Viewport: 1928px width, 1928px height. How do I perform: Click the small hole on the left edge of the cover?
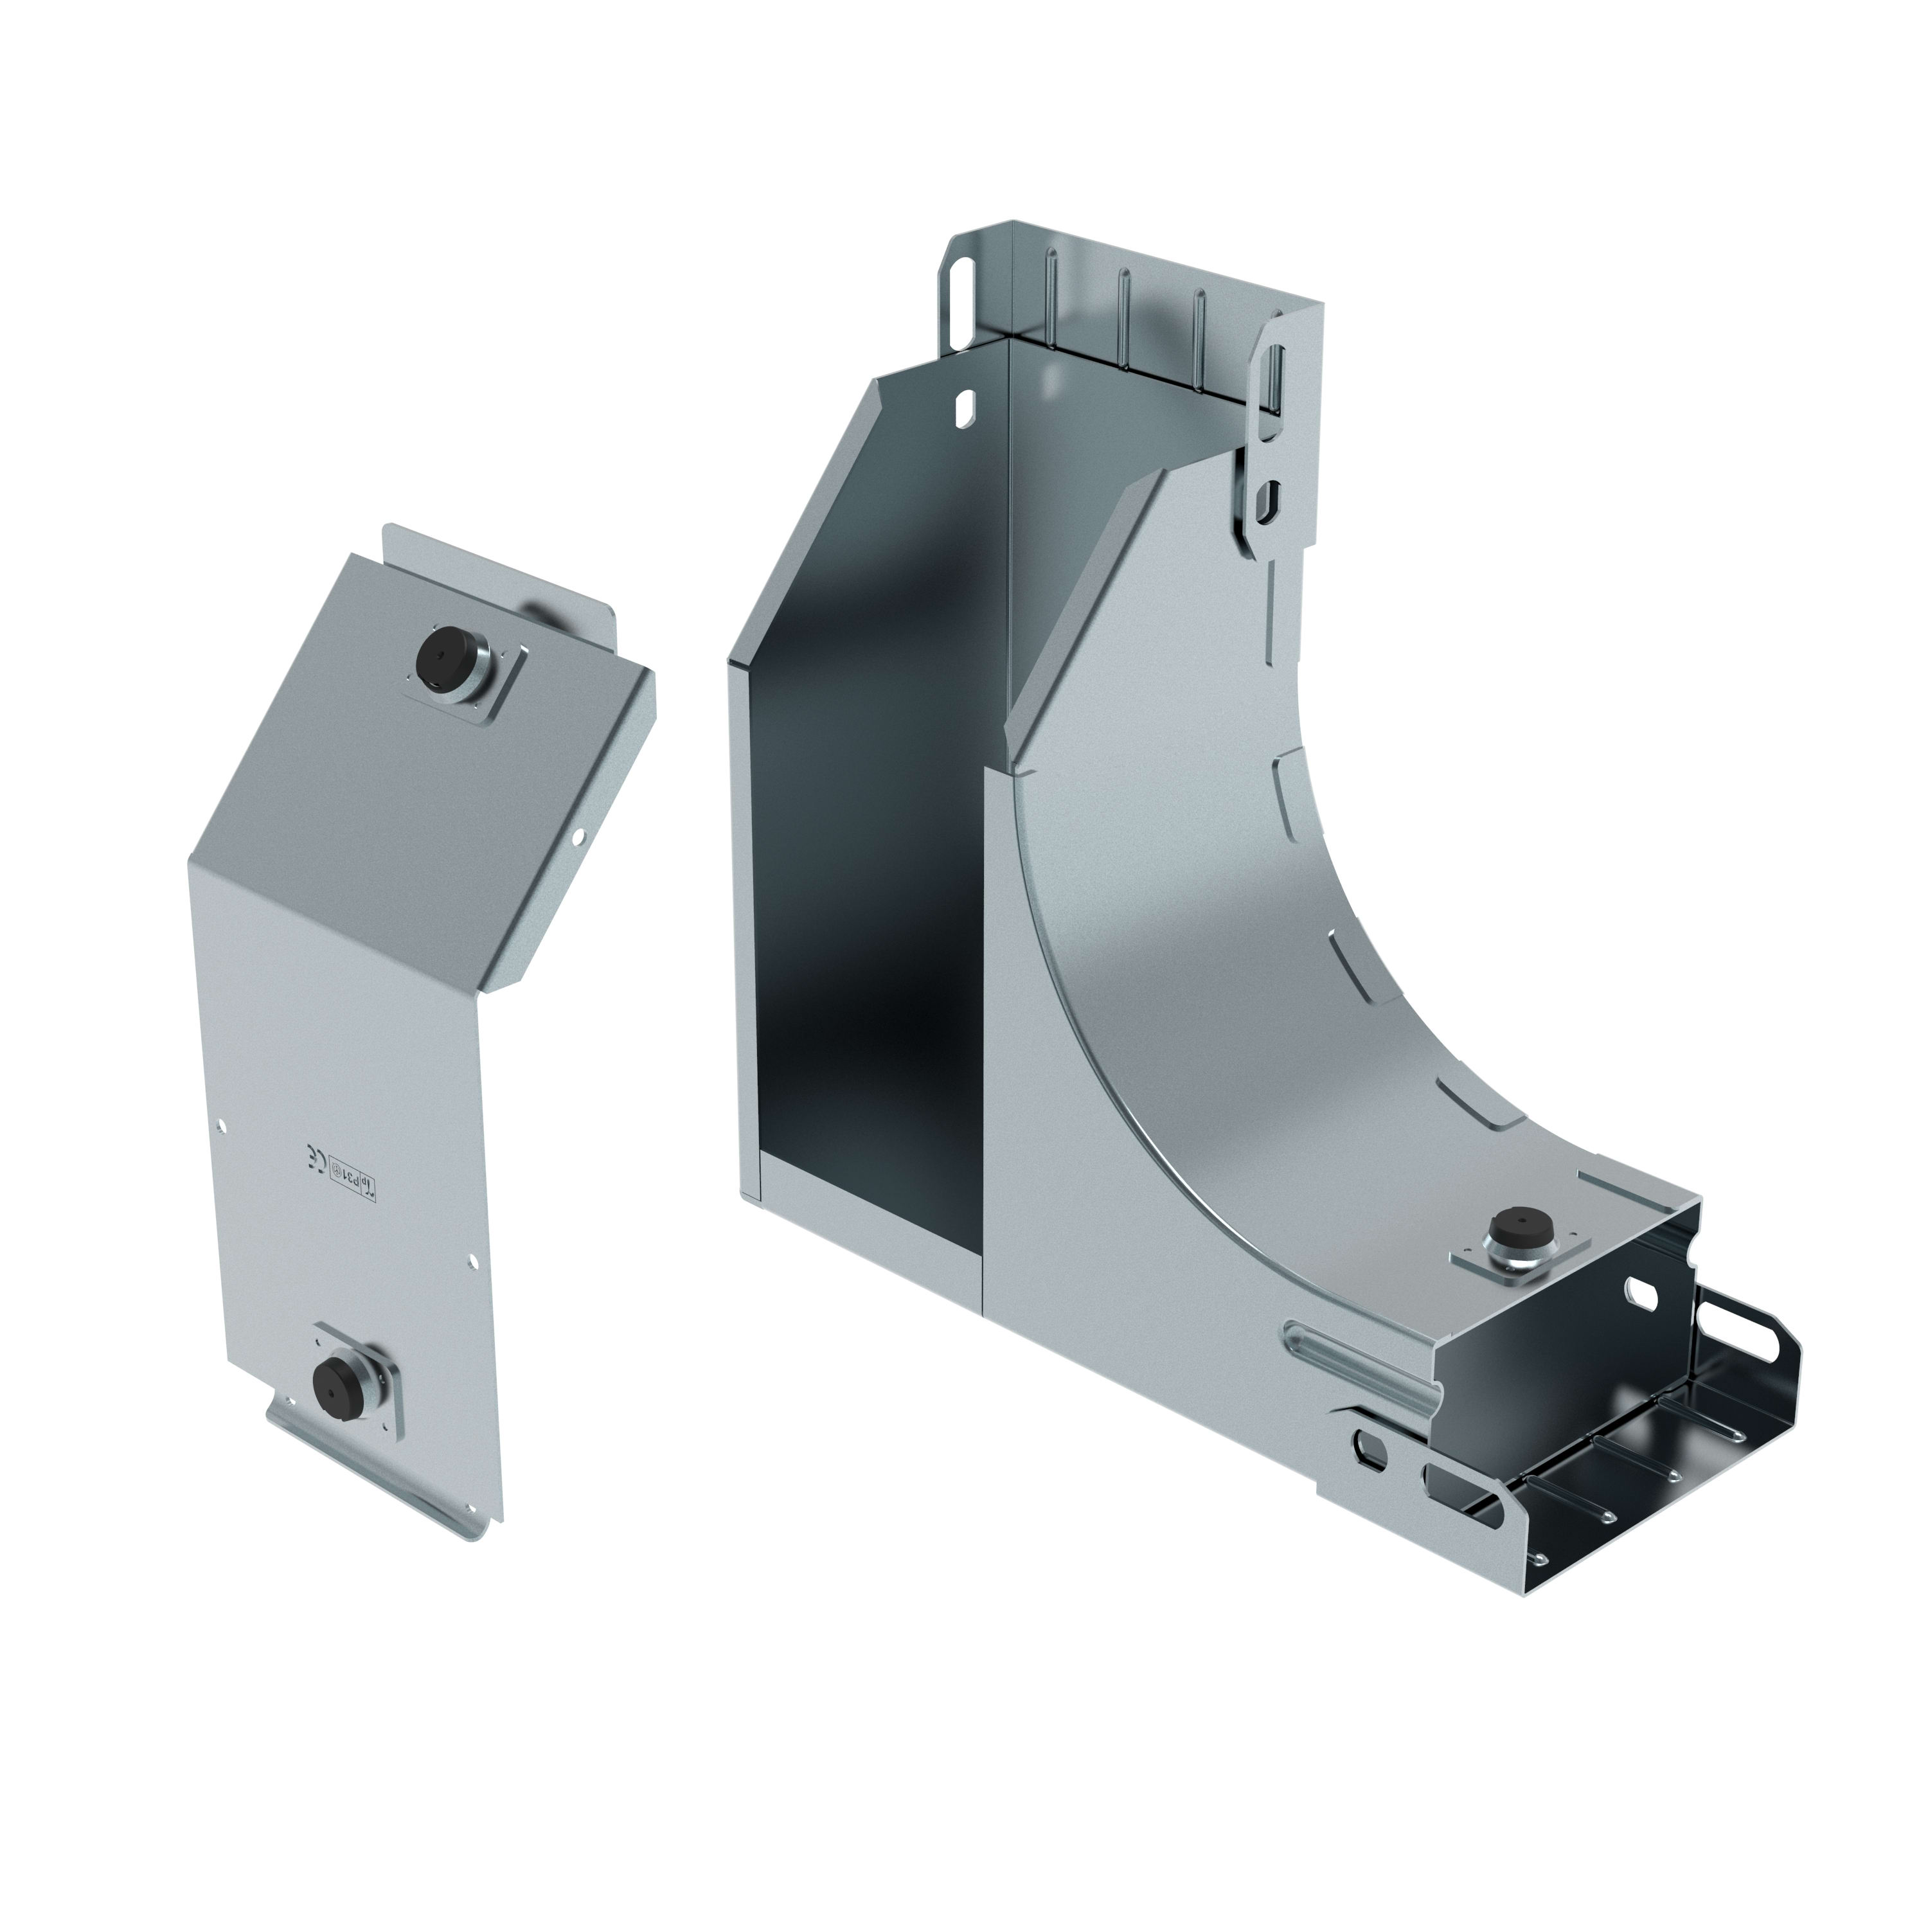coord(222,1129)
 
